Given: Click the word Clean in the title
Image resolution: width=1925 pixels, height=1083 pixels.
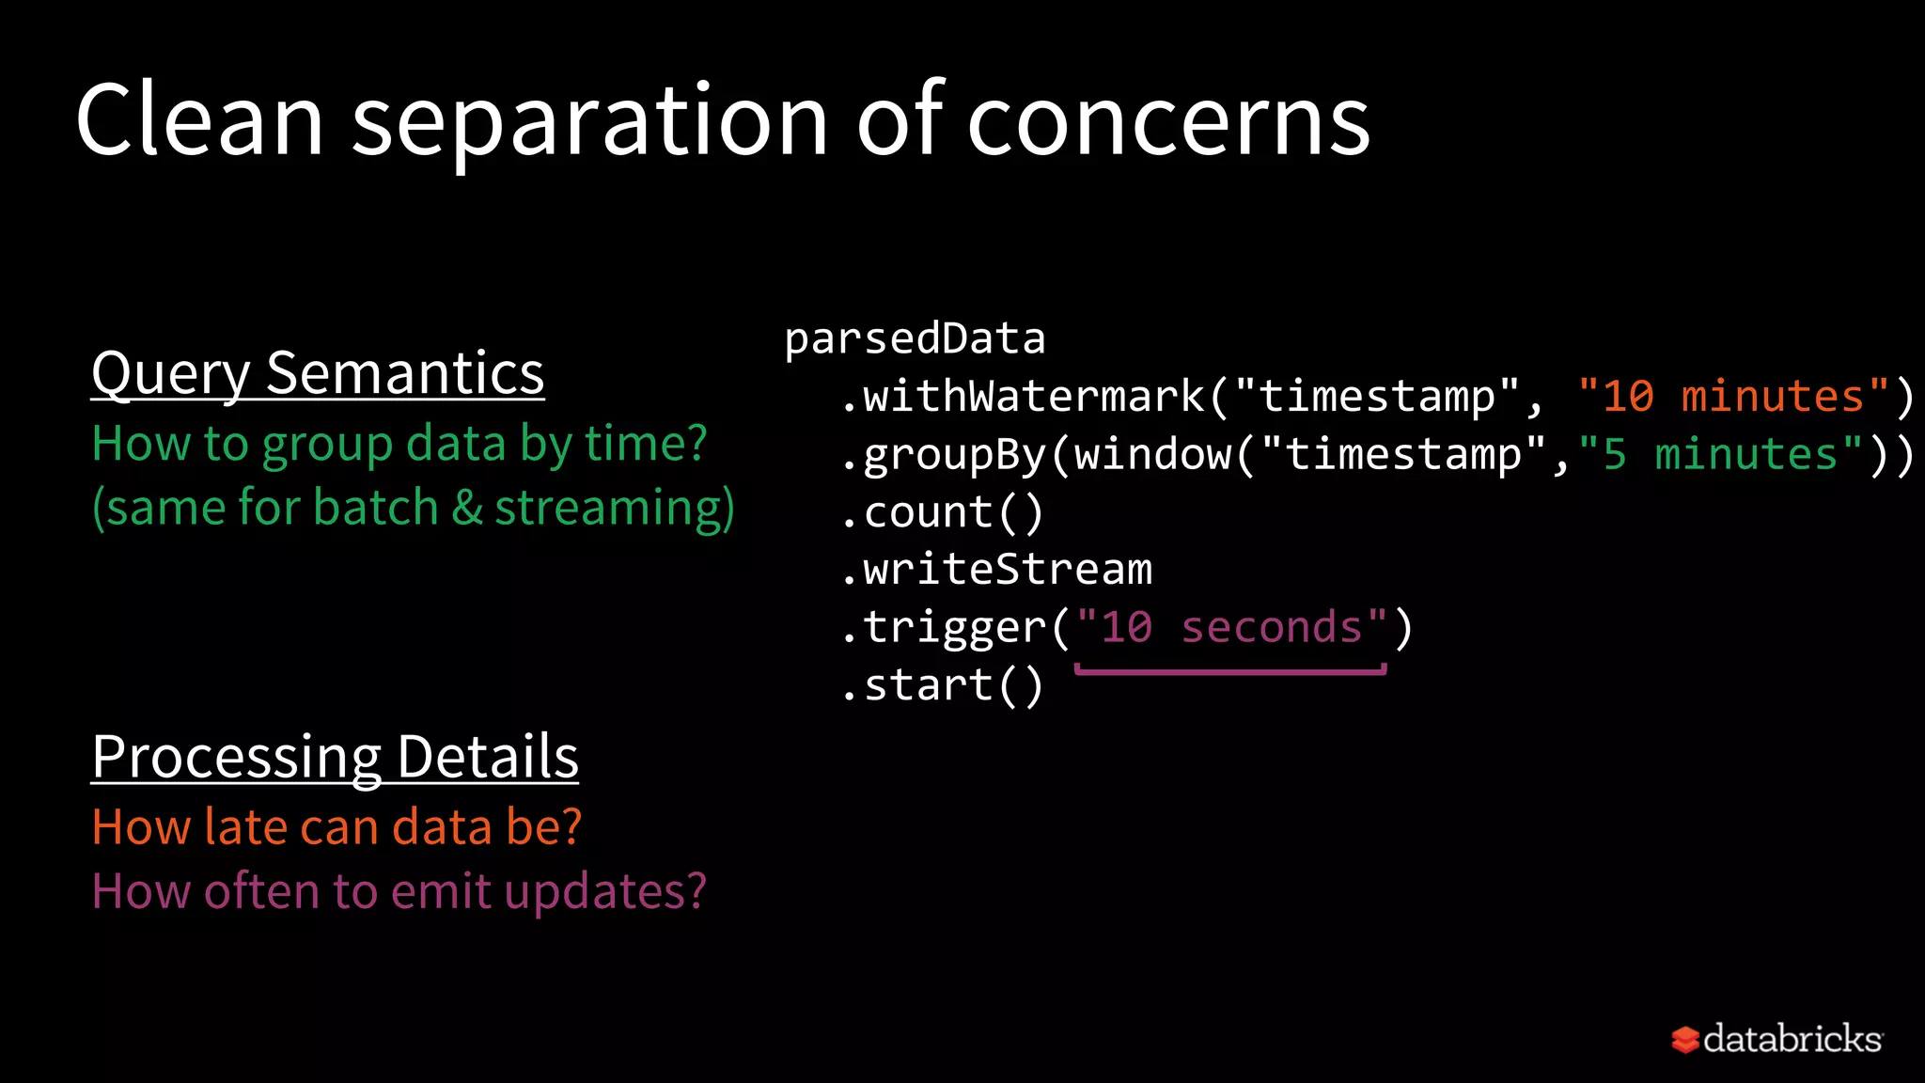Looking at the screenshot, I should point(200,120).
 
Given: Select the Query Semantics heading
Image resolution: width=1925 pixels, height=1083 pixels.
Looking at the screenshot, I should point(318,373).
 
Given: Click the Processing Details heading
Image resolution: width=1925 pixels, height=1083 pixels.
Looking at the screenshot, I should point(335,757).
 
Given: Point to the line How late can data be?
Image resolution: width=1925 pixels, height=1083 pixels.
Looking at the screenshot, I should point(336,827).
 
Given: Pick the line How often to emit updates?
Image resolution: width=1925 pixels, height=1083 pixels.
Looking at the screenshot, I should point(399,891).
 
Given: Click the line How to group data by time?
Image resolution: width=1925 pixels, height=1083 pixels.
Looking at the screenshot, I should point(399,444).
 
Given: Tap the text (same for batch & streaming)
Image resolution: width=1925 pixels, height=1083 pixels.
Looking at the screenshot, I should point(413,508).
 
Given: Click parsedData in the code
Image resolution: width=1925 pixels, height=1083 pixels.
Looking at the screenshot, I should point(915,339).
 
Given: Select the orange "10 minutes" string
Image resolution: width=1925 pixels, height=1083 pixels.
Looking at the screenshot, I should point(1733,397).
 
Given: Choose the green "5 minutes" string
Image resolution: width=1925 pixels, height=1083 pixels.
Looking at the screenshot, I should point(1720,455).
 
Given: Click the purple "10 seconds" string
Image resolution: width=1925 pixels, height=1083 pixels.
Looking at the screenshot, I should point(1231,628).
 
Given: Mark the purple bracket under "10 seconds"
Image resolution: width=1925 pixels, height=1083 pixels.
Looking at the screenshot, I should point(1230,670).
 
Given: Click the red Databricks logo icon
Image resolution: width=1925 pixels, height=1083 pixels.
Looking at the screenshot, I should point(1684,1040).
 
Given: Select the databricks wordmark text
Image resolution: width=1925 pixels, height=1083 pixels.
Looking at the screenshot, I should point(1792,1039).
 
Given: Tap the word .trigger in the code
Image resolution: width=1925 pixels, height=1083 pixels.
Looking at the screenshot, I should point(944,628).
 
